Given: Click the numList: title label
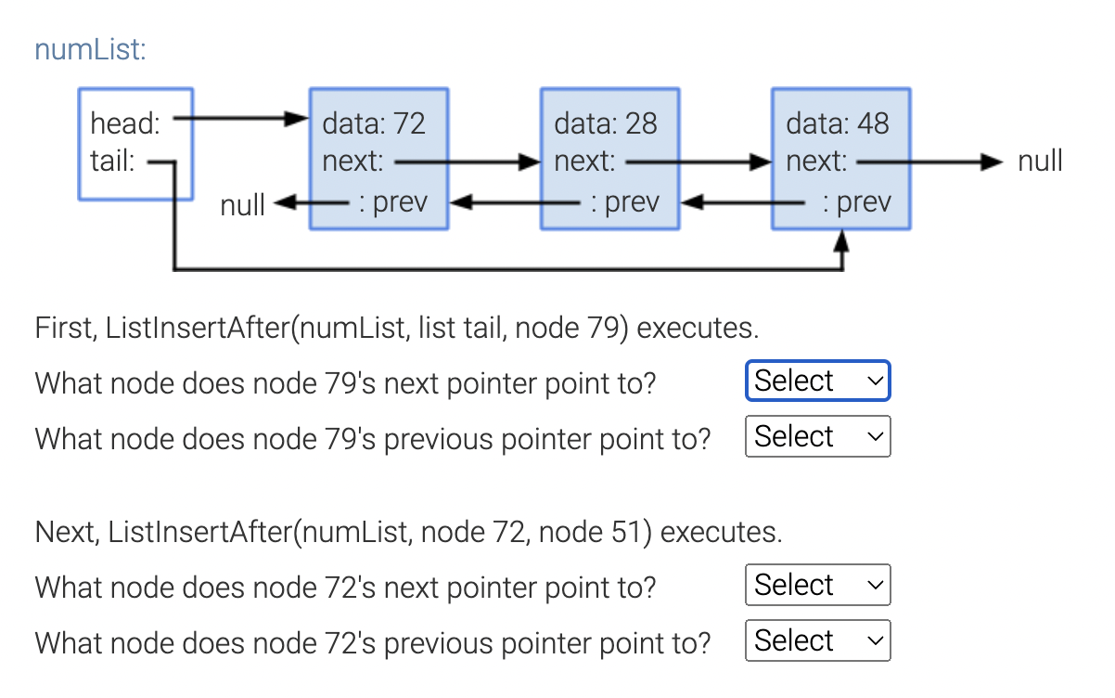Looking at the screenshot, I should click(x=90, y=48).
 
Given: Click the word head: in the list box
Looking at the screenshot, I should click(x=125, y=123).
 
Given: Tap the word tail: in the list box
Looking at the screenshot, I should click(x=112, y=162).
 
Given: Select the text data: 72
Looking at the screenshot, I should click(x=374, y=123).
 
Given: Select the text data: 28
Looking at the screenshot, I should click(x=606, y=123).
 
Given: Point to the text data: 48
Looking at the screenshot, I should click(x=838, y=123).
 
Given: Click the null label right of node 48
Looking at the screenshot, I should click(x=1040, y=162).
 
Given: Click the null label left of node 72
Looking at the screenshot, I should click(x=243, y=204).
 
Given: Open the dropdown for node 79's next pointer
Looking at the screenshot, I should click(x=817, y=381).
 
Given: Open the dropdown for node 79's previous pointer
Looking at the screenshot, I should click(x=817, y=436).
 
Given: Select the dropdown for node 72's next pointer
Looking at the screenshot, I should click(x=817, y=585).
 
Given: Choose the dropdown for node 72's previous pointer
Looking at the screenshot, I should click(x=817, y=640).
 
